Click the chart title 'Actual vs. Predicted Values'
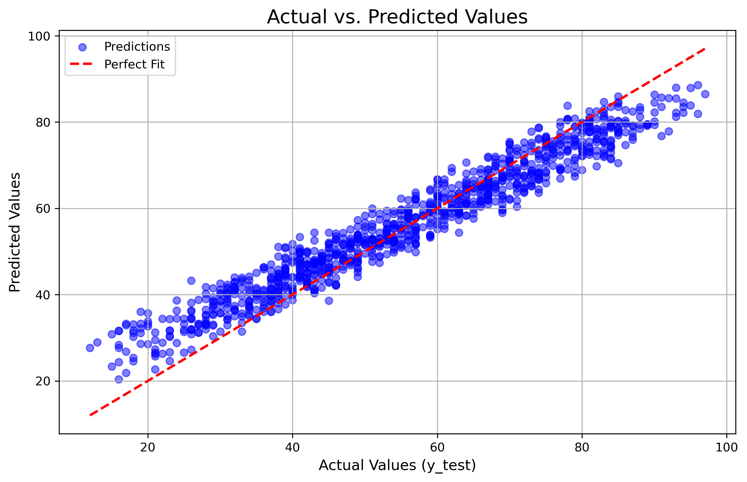coord(397,17)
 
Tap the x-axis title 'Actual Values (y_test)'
coord(397,465)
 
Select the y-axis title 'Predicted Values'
coord(15,232)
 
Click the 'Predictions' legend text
coord(137,47)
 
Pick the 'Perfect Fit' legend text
coord(134,65)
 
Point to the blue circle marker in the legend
coord(82,47)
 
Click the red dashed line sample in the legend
coord(81,64)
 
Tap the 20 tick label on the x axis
coord(148,448)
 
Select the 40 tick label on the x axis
coord(292,448)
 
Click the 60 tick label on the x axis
coord(437,448)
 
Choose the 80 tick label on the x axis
coord(582,448)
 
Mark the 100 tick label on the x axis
coord(726,448)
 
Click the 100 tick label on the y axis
coord(39,37)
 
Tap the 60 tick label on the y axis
coord(43,209)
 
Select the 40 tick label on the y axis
coord(43,295)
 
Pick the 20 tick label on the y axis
coord(43,382)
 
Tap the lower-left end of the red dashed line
coord(90,415)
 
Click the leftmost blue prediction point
coord(90,348)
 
